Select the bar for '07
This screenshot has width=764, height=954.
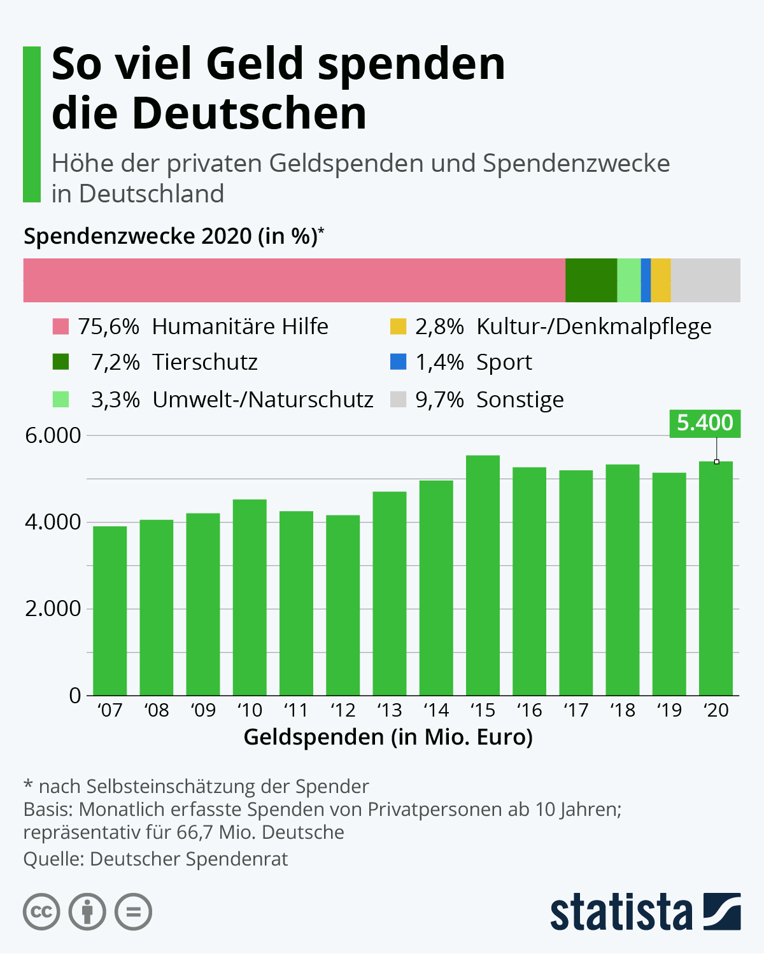pyautogui.click(x=110, y=610)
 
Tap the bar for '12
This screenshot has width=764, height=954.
pyautogui.click(x=343, y=605)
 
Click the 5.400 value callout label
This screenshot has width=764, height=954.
pyautogui.click(x=705, y=423)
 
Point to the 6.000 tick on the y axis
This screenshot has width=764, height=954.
pyautogui.click(x=53, y=436)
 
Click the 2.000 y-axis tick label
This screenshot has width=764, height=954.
pyautogui.click(x=53, y=608)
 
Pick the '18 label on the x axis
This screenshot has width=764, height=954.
pyautogui.click(x=622, y=710)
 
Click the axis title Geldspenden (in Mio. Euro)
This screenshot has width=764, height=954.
pyautogui.click(x=388, y=737)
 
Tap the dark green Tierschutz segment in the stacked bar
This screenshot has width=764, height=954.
pyautogui.click(x=591, y=280)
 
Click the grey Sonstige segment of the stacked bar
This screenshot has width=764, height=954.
pyautogui.click(x=705, y=280)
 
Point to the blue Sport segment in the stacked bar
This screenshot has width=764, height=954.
pyautogui.click(x=646, y=280)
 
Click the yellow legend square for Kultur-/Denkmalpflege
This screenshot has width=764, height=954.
pyautogui.click(x=398, y=326)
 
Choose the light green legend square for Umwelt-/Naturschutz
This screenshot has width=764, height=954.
pyautogui.click(x=60, y=400)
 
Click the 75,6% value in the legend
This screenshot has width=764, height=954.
pyautogui.click(x=108, y=326)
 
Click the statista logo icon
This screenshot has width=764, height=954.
pyautogui.click(x=722, y=911)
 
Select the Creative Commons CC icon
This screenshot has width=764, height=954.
pyautogui.click(x=41, y=912)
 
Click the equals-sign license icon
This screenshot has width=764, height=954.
pyautogui.click(x=133, y=912)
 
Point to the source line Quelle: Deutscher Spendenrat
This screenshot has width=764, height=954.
pyautogui.click(x=155, y=859)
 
